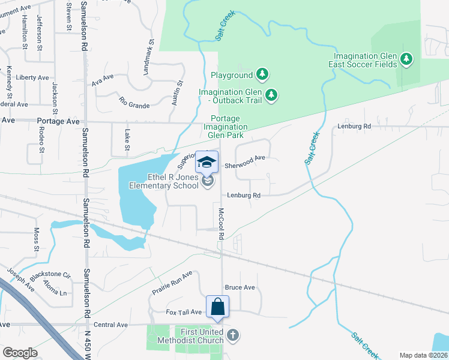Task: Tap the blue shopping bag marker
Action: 218,307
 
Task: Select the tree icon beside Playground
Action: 262,75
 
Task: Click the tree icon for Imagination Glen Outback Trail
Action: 271,95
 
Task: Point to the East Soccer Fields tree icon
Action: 407,59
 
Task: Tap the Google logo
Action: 20,353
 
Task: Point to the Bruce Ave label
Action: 240,287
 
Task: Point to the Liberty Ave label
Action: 32,78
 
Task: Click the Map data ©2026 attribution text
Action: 424,355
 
